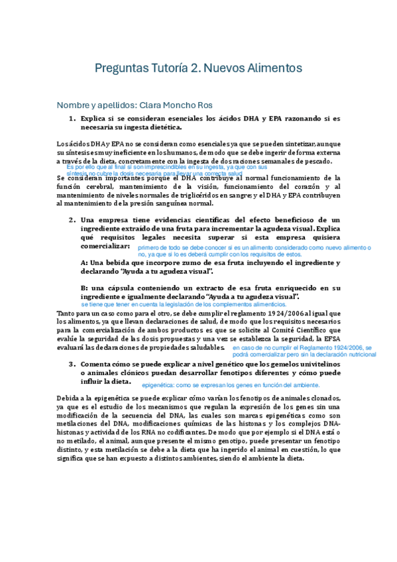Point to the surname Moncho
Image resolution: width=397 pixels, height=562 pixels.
[x=188, y=105]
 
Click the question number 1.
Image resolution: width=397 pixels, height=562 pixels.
[x=72, y=119]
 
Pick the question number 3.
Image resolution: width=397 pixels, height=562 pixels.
[x=72, y=364]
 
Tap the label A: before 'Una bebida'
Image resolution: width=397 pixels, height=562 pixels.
[x=84, y=262]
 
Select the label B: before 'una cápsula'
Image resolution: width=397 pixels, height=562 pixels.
[x=84, y=288]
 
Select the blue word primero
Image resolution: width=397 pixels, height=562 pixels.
[x=149, y=247]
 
